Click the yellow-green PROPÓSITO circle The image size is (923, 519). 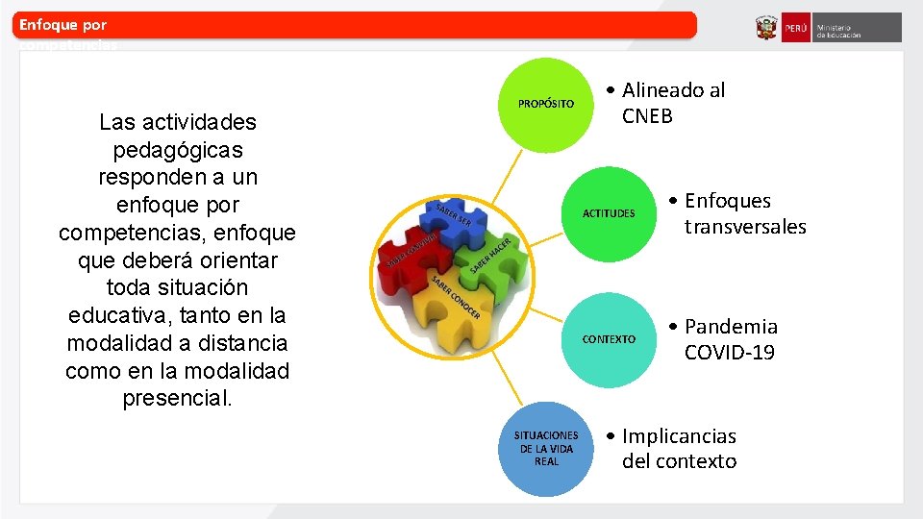click(x=546, y=104)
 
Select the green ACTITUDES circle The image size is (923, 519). click(x=609, y=213)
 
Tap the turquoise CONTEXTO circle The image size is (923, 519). click(x=609, y=339)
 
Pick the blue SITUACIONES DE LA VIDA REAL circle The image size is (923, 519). click(x=546, y=449)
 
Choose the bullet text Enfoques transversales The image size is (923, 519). click(x=740, y=213)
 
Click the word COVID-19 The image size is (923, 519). click(x=729, y=353)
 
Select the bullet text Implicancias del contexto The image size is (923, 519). click(x=678, y=449)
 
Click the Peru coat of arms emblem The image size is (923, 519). click(x=766, y=28)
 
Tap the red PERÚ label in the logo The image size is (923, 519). click(x=796, y=29)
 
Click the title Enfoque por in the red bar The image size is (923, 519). click(x=63, y=25)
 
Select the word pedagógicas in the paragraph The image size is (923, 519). click(x=178, y=150)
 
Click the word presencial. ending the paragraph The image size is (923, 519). click(x=178, y=398)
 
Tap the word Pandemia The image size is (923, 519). click(x=731, y=327)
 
